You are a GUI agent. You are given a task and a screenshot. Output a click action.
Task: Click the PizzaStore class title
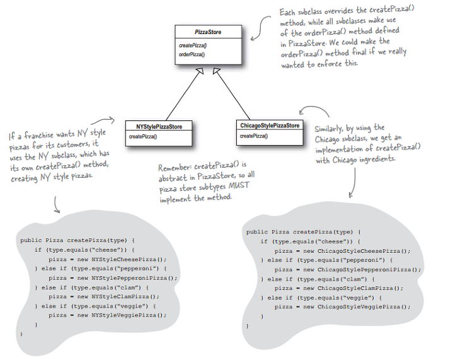pos(208,32)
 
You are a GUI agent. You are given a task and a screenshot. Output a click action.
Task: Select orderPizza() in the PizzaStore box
pos(192,54)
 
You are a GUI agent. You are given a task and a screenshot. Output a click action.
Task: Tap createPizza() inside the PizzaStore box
pos(192,46)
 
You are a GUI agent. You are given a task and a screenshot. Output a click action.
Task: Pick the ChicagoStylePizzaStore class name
pos(270,126)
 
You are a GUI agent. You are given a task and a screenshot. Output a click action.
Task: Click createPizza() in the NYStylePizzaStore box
pos(143,136)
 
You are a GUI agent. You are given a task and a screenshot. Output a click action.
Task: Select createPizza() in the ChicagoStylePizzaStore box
pos(254,136)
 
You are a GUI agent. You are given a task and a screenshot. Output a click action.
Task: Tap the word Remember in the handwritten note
pos(175,168)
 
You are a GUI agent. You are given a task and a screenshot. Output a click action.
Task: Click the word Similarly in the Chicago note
pos(331,129)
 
